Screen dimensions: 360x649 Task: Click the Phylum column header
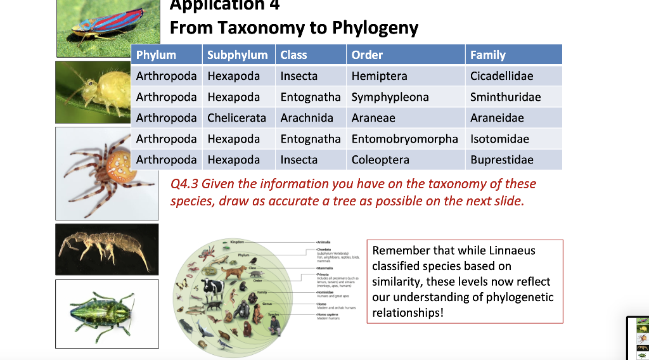[156, 55]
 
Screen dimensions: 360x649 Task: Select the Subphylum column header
[238, 55]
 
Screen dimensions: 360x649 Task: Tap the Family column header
[487, 55]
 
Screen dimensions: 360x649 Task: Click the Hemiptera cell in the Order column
[379, 76]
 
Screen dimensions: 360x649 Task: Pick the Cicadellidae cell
[501, 76]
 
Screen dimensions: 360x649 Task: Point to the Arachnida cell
[306, 118]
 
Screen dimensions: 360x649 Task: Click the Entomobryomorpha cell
[404, 139]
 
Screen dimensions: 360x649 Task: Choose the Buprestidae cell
[501, 160]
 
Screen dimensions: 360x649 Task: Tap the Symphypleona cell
[390, 97]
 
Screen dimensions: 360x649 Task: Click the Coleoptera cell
[380, 160]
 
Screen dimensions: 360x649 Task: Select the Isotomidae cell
[499, 139]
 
